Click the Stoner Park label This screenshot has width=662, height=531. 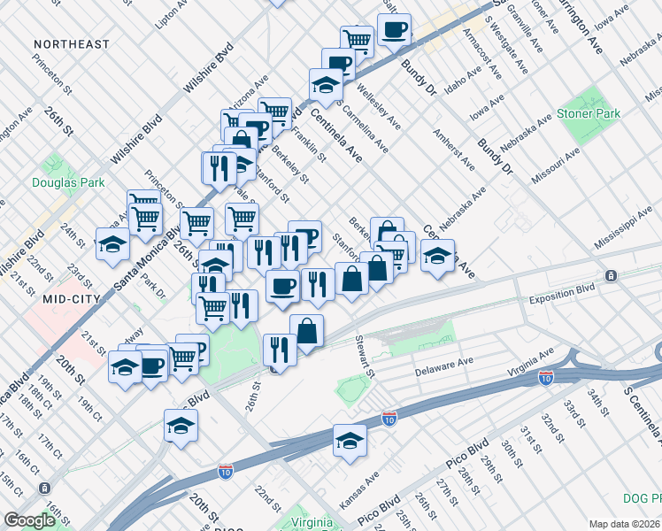(588, 113)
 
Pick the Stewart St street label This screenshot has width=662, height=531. (363, 352)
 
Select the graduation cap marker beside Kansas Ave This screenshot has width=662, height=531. (350, 441)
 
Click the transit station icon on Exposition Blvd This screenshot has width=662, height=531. (611, 276)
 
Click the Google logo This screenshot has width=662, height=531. (29, 520)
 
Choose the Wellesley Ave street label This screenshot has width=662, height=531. (378, 106)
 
